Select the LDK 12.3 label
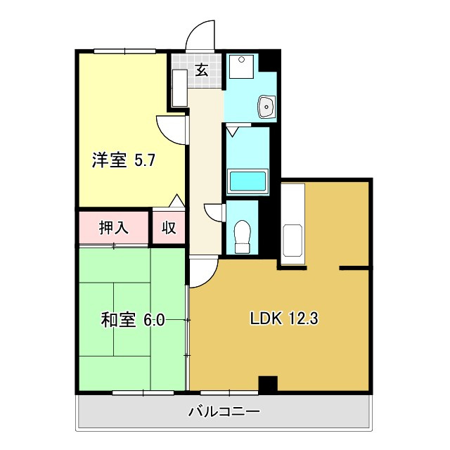tap(285, 319)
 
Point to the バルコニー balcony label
tap(224, 411)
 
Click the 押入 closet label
tap(113, 227)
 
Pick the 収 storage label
tap(169, 227)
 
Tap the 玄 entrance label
tap(201, 70)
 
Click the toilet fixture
tap(242, 236)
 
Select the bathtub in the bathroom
tap(247, 181)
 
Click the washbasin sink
tap(267, 107)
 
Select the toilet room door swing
tap(214, 212)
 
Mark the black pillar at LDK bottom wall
tap(268, 384)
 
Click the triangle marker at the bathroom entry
tap(233, 129)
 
